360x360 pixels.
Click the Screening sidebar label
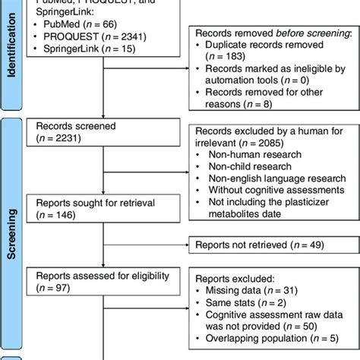pos(11,228)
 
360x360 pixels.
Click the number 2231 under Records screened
pos(71,138)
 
